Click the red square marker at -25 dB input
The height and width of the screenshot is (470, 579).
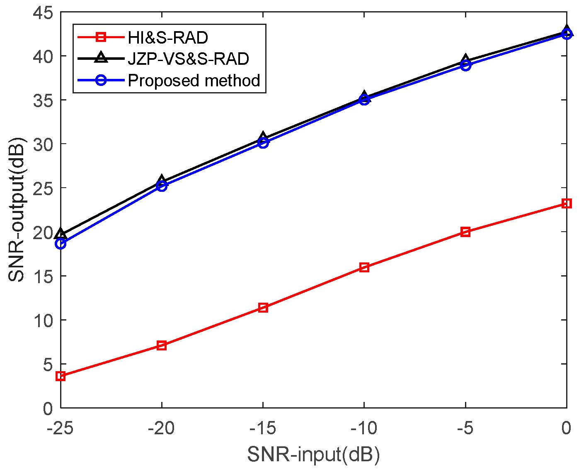tap(61, 376)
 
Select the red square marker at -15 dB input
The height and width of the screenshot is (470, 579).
tap(263, 308)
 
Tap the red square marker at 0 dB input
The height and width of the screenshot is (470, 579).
tap(567, 203)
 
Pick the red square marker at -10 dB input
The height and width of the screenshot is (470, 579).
tap(364, 267)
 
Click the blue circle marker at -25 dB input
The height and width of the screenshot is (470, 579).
tap(61, 244)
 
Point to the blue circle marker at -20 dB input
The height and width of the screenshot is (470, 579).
tap(162, 186)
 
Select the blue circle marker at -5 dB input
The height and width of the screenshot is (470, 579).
tap(465, 66)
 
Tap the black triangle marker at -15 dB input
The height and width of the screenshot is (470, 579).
tap(263, 137)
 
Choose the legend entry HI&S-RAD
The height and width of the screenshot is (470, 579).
tap(168, 38)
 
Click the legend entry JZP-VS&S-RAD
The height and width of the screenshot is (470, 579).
tap(189, 59)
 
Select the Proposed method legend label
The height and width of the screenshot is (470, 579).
tap(194, 81)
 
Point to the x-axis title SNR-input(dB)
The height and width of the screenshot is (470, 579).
tap(313, 455)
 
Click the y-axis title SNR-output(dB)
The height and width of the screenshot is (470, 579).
tap(17, 210)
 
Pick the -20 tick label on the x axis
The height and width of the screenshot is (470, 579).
tap(161, 428)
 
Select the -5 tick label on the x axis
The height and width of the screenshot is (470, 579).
tap(465, 428)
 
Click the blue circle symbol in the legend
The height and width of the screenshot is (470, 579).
tap(101, 81)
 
